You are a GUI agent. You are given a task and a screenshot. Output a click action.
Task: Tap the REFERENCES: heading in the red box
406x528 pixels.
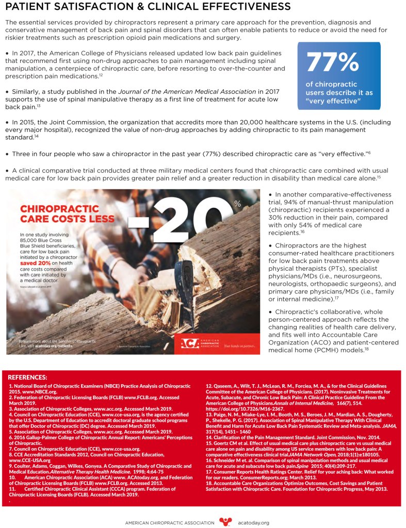coord(28,377)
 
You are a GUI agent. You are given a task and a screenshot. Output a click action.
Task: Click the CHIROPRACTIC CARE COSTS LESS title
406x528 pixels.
coord(67,214)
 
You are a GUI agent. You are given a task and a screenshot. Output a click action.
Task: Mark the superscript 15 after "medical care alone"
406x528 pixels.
coord(379,177)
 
